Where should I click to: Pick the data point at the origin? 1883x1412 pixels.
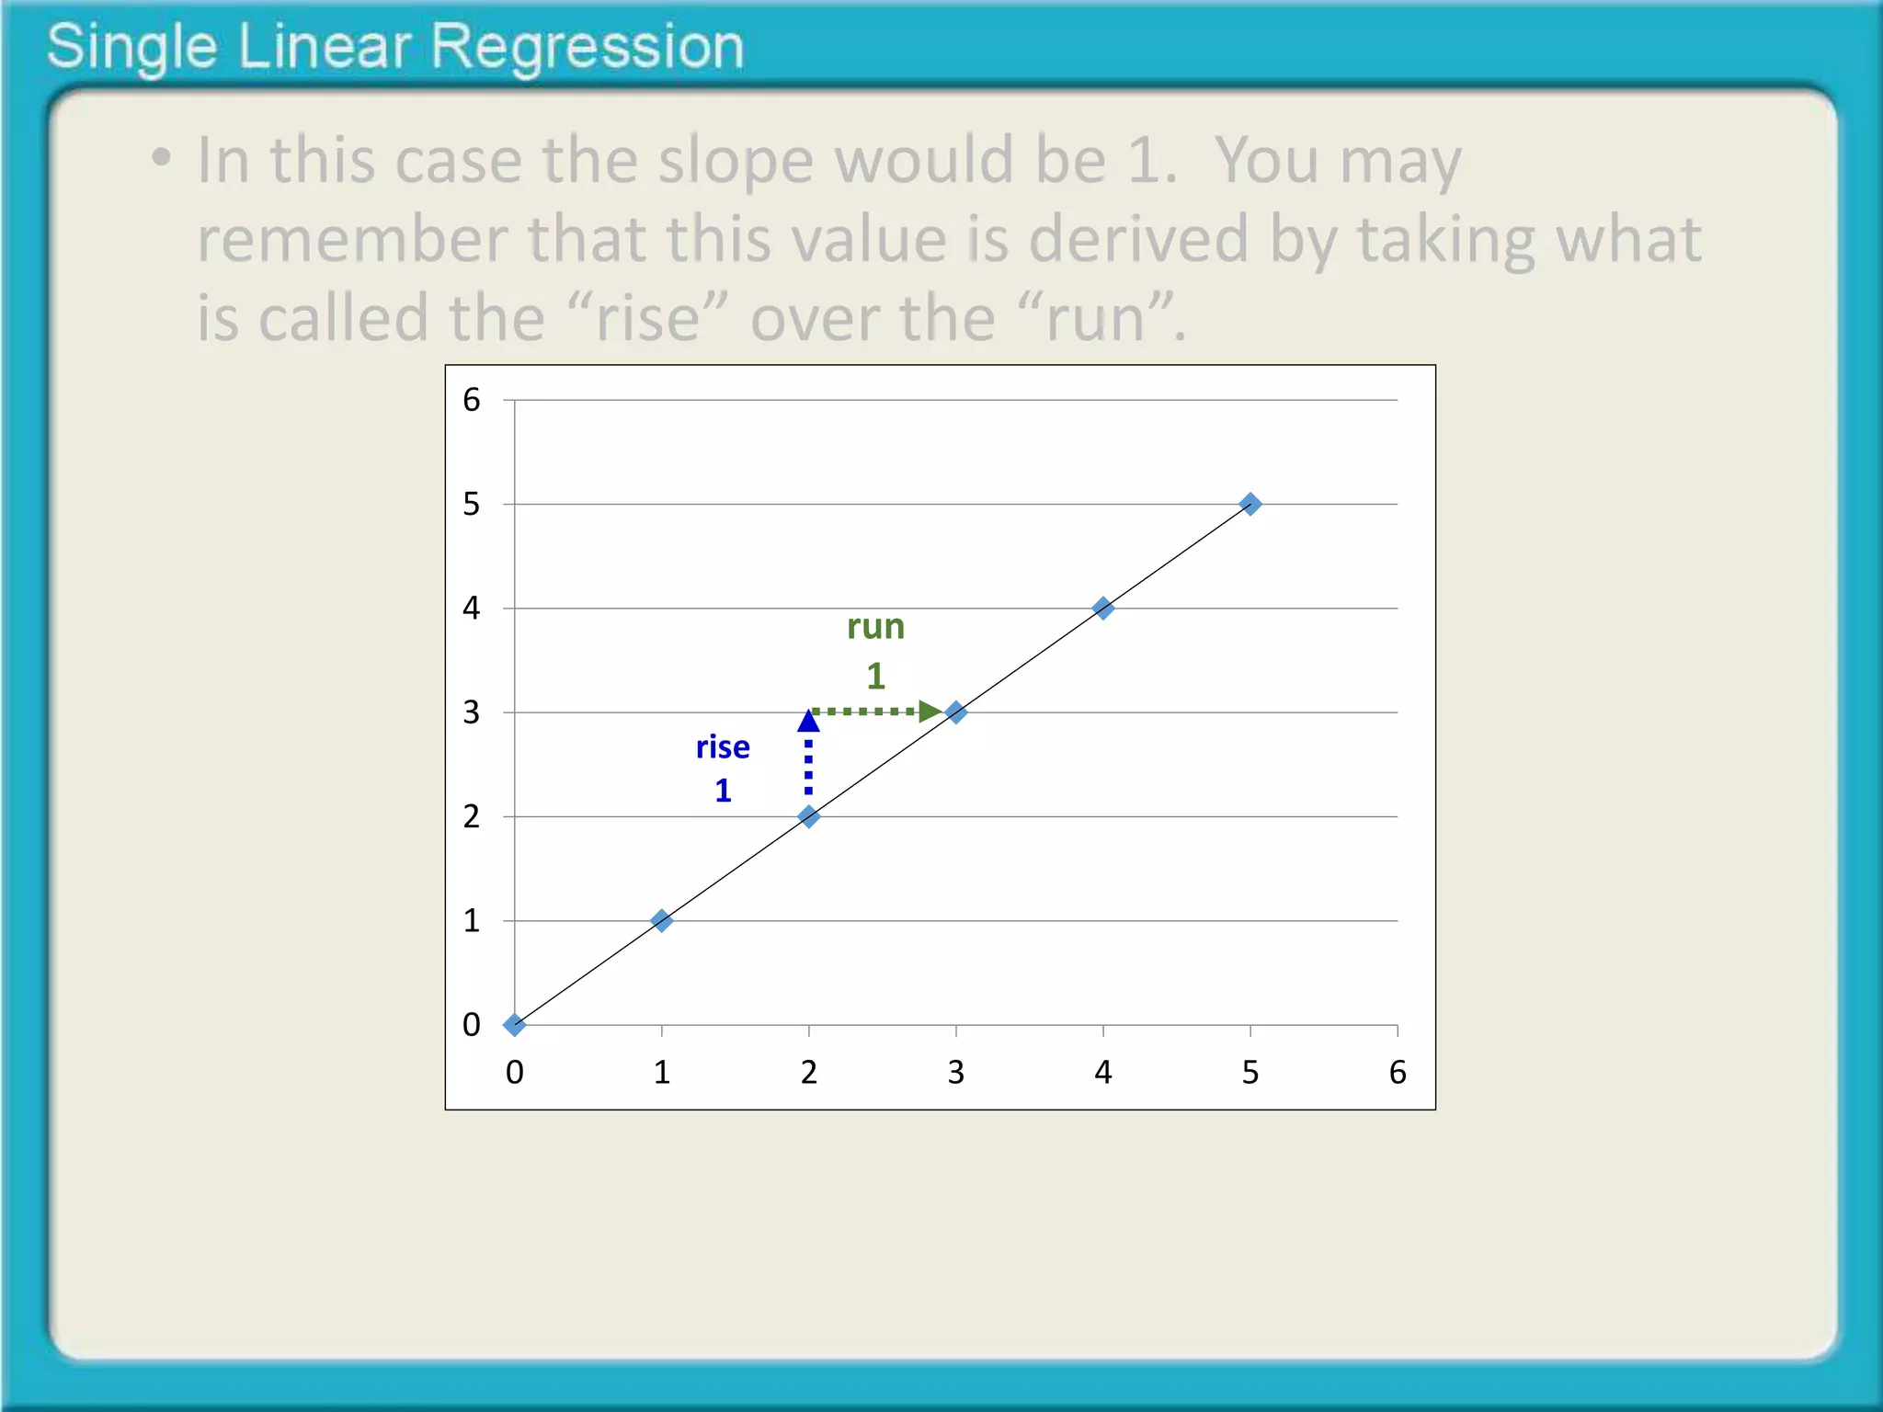coord(515,1024)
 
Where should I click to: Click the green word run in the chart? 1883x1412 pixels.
coord(875,627)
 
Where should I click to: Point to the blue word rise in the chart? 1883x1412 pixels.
coord(723,746)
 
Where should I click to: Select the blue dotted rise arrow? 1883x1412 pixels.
coord(808,754)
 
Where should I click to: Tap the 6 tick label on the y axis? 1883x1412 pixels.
coord(472,400)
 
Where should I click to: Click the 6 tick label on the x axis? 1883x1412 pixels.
coord(1398,1072)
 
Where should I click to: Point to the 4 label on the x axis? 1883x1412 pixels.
coord(1103,1072)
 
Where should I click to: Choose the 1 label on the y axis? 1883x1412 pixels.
coord(472,920)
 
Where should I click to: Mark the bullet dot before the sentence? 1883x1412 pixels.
coord(162,157)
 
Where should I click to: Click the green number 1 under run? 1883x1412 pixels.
coord(875,677)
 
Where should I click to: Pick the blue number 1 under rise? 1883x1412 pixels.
coord(723,791)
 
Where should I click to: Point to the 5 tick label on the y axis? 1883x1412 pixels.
coord(472,504)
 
